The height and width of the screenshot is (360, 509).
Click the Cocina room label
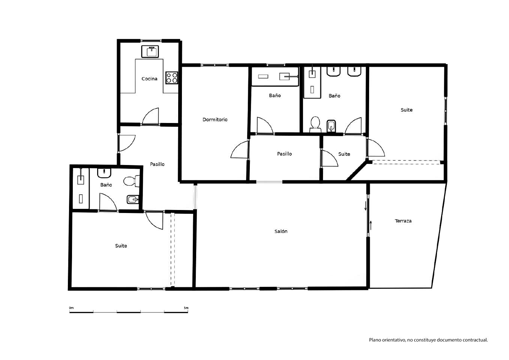(149, 79)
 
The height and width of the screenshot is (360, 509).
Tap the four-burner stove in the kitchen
(172, 78)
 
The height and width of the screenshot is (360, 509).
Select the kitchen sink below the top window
(150, 51)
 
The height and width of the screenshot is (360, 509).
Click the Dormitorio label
(215, 120)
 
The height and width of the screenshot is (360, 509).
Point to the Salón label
(281, 231)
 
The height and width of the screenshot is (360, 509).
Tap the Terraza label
(403, 221)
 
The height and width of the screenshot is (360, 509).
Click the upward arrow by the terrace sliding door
(371, 225)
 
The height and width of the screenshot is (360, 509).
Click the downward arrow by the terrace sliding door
(366, 206)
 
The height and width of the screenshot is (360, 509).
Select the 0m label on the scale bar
(71, 308)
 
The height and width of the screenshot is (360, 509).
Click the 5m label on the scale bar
(186, 308)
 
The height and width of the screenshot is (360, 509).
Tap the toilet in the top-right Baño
(315, 124)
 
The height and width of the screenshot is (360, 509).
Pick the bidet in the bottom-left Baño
(133, 199)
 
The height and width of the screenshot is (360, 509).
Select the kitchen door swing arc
(150, 116)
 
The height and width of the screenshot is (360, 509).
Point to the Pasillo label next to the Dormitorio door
(284, 154)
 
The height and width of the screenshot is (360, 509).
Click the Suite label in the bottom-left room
(121, 246)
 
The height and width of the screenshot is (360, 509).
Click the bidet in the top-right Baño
(331, 126)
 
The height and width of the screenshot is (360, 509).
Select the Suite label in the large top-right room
(407, 110)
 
